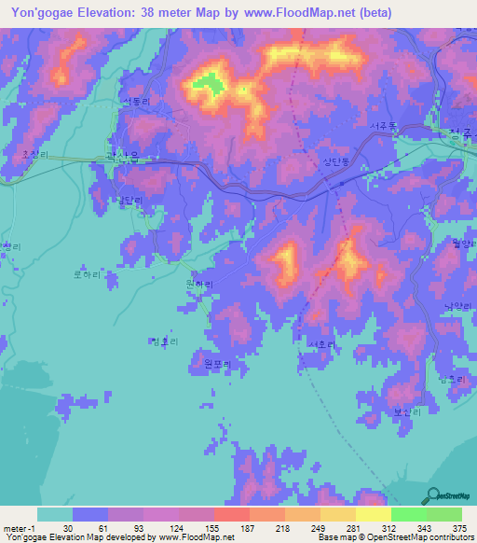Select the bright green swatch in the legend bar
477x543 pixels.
409,514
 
